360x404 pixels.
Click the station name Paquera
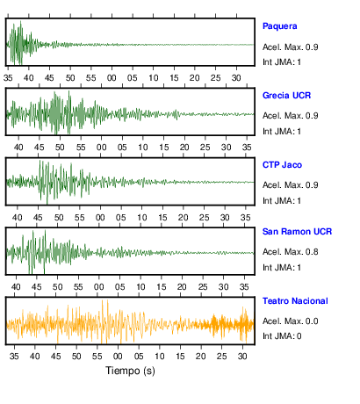[280, 26]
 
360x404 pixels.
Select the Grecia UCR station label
[286, 96]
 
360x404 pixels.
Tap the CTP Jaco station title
[282, 165]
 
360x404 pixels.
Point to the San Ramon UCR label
[297, 232]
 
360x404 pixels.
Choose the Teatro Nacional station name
[295, 301]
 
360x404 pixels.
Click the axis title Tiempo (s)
[130, 371]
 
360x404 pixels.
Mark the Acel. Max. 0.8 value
[290, 252]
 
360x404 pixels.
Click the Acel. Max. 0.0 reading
[290, 321]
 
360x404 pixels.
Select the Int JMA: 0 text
[282, 336]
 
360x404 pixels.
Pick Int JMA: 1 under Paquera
[282, 62]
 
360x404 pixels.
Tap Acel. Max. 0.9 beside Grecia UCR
[290, 116]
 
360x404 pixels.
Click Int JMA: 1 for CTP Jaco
[282, 201]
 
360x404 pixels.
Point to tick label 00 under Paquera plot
[112, 78]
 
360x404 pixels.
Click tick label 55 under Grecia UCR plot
[81, 147]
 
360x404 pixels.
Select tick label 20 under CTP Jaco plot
[184, 218]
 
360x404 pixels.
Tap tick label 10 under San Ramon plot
[140, 287]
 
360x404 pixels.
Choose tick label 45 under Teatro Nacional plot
[55, 357]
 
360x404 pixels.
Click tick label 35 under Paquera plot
[8, 78]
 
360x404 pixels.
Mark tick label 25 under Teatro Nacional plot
[222, 357]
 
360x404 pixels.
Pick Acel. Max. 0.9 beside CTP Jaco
[290, 185]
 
